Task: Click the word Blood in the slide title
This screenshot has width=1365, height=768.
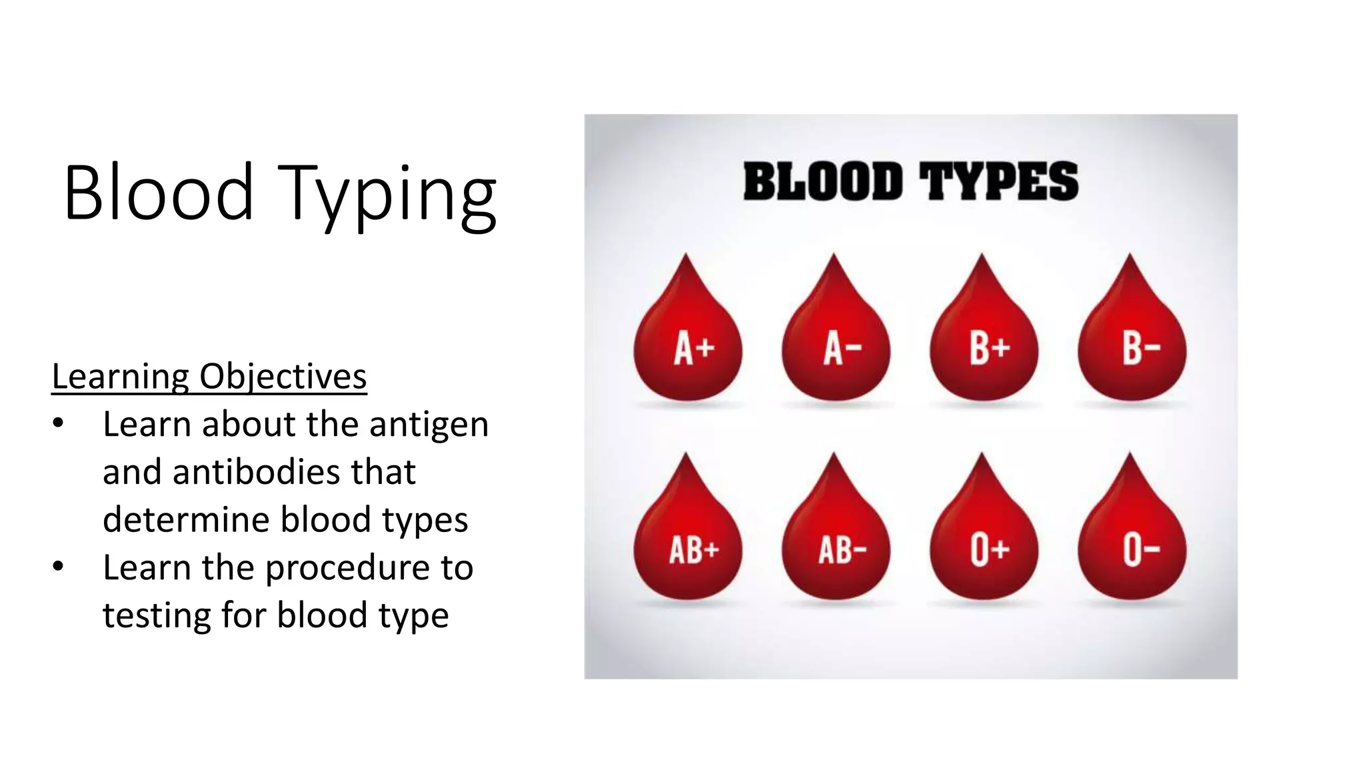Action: tap(159, 193)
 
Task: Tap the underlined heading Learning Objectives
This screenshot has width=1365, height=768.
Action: tap(209, 377)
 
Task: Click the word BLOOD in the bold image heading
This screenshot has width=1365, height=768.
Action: tap(823, 182)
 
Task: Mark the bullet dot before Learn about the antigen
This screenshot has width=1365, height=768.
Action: tap(59, 424)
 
